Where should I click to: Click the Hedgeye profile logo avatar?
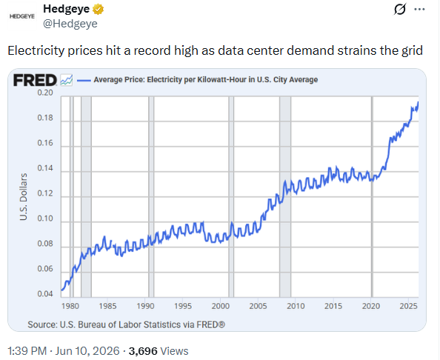(22, 16)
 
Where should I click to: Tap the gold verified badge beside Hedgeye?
(99, 10)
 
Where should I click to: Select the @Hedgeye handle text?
(70, 24)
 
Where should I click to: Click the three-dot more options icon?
(419, 10)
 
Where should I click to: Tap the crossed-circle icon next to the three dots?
(399, 10)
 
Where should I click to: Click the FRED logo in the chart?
(35, 80)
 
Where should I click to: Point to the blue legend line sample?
(84, 81)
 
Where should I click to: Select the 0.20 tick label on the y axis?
(45, 93)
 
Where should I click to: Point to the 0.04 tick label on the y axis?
(45, 294)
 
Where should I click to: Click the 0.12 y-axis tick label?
(45, 193)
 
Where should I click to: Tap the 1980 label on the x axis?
(70, 306)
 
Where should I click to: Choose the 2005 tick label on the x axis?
(258, 306)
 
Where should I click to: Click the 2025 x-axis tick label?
(409, 306)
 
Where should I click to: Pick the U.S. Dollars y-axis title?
(24, 197)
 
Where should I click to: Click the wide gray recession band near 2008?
(285, 197)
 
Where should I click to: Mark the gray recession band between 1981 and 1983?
(86, 197)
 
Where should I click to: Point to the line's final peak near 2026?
(418, 102)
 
